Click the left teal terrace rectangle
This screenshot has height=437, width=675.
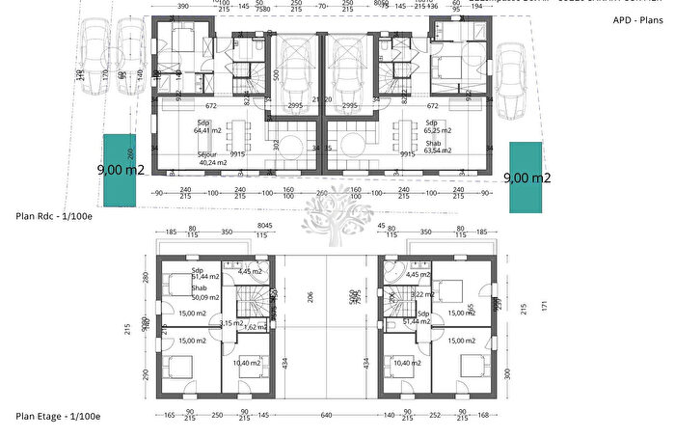(x=121, y=170)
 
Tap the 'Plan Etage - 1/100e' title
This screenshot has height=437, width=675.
(x=58, y=416)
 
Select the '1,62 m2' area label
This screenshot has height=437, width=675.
(x=254, y=328)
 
